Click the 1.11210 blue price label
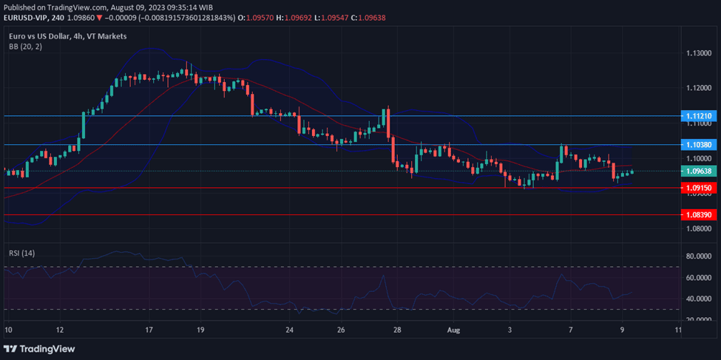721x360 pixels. tap(698, 116)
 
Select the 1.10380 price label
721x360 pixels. tap(698, 145)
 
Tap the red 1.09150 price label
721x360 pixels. tap(698, 188)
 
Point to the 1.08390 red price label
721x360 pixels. tap(698, 214)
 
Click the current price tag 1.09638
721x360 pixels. tap(698, 171)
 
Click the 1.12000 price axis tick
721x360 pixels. tap(698, 88)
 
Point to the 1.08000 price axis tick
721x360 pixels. tap(698, 228)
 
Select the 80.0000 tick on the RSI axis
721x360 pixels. tap(698, 257)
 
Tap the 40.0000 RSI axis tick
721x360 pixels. tap(698, 299)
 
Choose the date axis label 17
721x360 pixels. tap(149, 330)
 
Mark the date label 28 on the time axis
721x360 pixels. tap(397, 330)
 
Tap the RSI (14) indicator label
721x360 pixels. tap(21, 253)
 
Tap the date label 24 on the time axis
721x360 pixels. tap(289, 330)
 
